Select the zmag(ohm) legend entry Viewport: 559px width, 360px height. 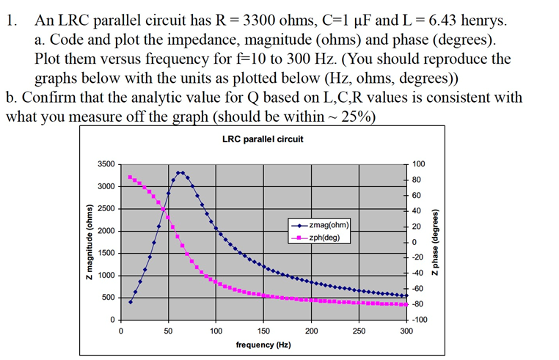tap(326, 226)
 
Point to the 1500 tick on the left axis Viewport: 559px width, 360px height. tap(106, 253)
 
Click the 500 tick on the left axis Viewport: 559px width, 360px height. tap(108, 297)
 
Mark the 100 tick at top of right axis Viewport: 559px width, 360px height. tap(419, 164)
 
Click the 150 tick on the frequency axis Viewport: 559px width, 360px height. tap(263, 331)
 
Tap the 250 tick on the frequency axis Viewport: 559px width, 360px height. tap(359, 331)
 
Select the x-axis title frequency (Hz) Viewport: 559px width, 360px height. tap(263, 345)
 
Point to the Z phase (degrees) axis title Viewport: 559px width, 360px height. tap(437, 242)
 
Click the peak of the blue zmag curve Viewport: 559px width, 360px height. tap(180, 173)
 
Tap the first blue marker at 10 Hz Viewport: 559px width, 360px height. tap(131, 301)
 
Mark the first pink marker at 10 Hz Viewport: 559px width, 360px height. tap(130, 177)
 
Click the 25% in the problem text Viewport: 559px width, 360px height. tap(358, 116)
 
